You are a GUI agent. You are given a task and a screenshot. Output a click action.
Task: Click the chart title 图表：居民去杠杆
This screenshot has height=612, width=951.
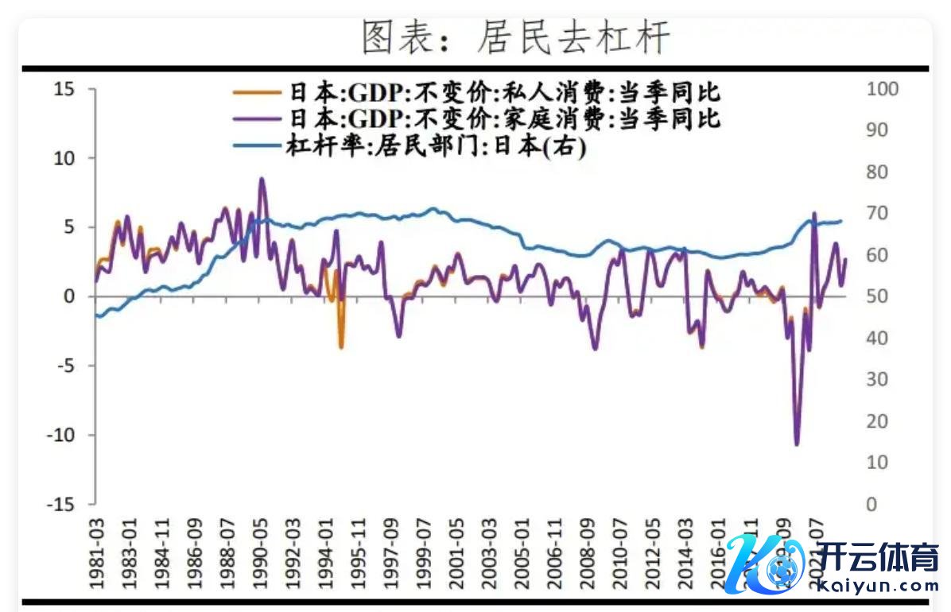coord(516,38)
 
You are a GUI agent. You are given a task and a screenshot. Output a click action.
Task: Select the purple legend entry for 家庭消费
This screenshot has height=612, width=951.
coord(477,119)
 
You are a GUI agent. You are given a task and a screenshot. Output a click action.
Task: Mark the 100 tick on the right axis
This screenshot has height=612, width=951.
coord(882,89)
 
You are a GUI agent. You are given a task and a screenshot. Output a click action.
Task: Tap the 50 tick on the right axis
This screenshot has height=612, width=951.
coord(877,296)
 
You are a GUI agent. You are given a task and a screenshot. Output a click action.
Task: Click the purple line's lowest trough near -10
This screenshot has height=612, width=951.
coord(797,444)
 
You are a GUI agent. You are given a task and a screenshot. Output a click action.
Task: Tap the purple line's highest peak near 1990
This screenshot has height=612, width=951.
coord(262,180)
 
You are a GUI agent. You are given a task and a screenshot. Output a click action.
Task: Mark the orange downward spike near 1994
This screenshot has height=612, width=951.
coord(341,347)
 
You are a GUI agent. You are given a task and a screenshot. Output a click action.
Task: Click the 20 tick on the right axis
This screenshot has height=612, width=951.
coord(877,421)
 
